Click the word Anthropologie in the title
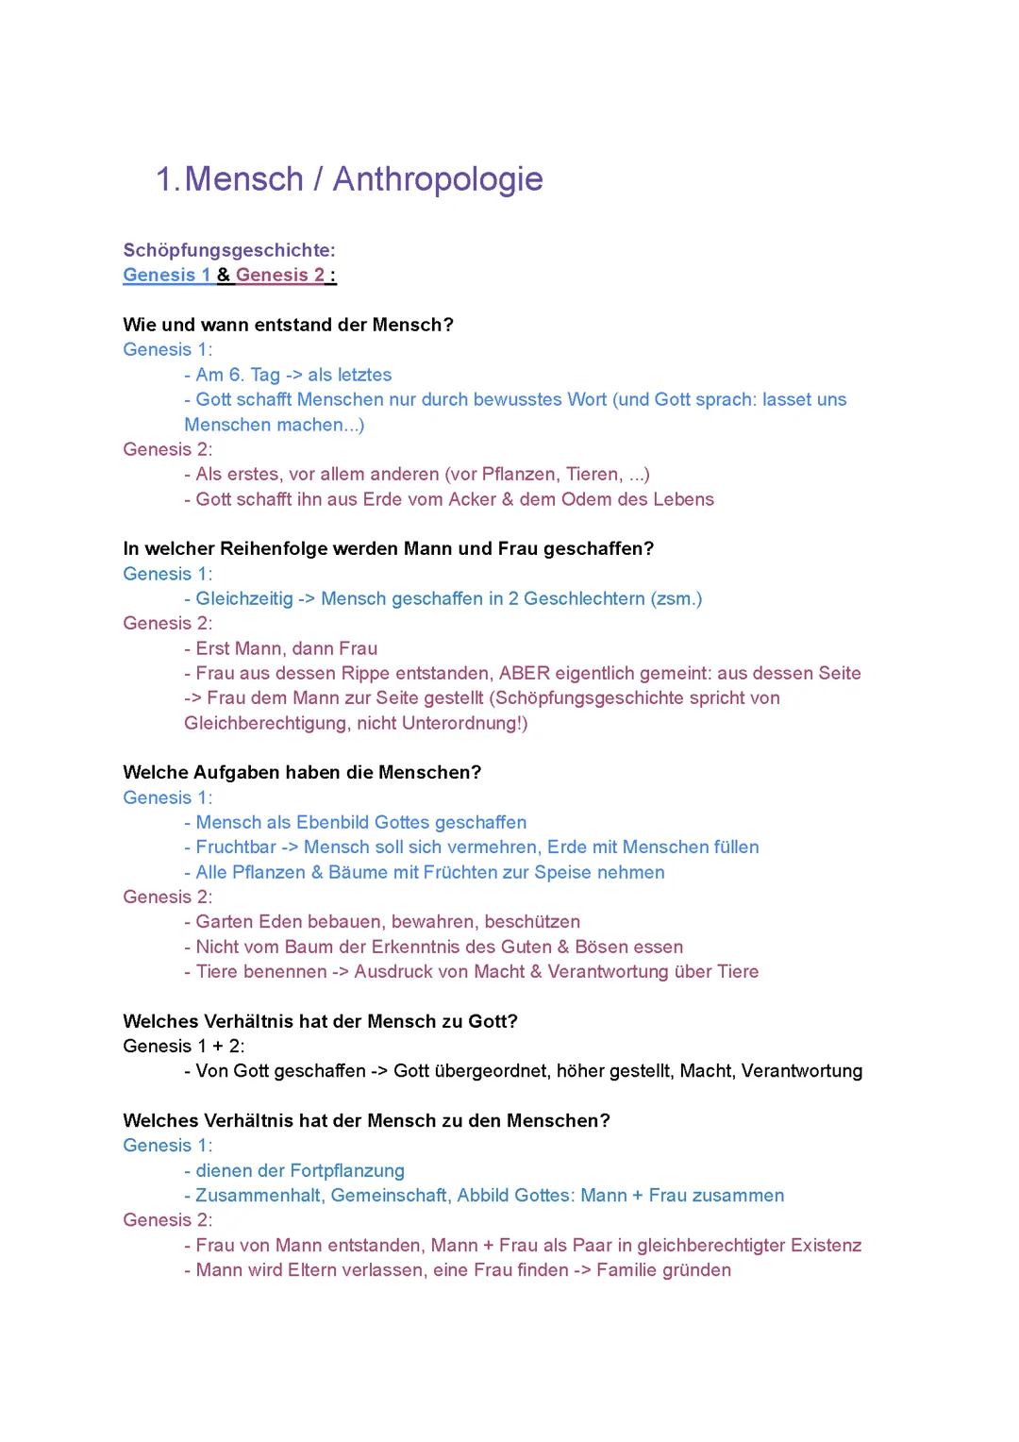[438, 179]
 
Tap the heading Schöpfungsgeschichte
[229, 250]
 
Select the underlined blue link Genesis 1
[167, 275]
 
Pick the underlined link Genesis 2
[280, 275]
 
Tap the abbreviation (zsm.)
[677, 598]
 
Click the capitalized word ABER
[524, 673]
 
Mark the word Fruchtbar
[236, 847]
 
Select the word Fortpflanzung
[347, 1170]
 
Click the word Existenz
[826, 1245]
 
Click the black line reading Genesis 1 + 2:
[184, 1046]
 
